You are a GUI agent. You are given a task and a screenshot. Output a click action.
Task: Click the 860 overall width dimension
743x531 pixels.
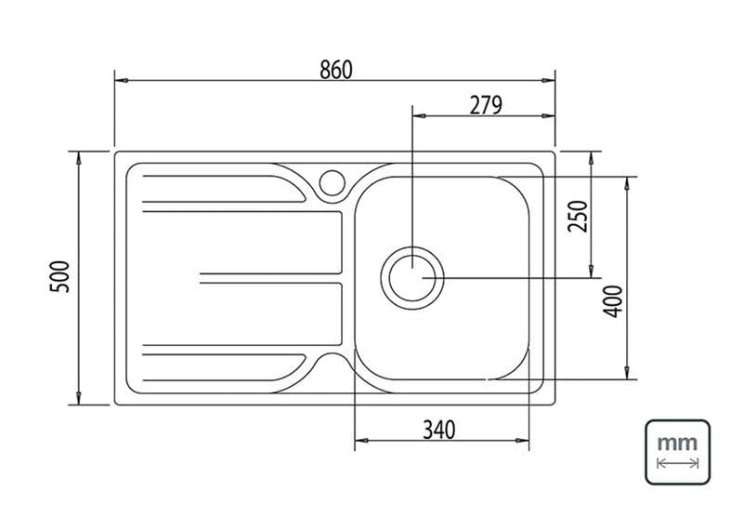point(336,70)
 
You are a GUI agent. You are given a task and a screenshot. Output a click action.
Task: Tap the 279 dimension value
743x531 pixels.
point(486,105)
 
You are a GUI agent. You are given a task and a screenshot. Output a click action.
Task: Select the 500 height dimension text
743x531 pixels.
point(60,276)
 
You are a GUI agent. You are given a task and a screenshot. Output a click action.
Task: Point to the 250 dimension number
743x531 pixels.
point(578,217)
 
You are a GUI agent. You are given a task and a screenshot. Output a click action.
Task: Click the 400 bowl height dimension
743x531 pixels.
point(613,301)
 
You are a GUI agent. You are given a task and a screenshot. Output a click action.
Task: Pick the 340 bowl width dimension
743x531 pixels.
point(438,430)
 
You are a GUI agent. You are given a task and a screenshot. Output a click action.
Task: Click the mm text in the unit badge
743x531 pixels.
point(678,444)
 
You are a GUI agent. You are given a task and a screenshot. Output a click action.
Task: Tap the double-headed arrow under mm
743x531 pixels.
point(678,463)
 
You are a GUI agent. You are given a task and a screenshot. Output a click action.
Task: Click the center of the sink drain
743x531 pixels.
point(412,278)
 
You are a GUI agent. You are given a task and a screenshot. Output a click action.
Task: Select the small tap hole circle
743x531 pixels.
point(332,182)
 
